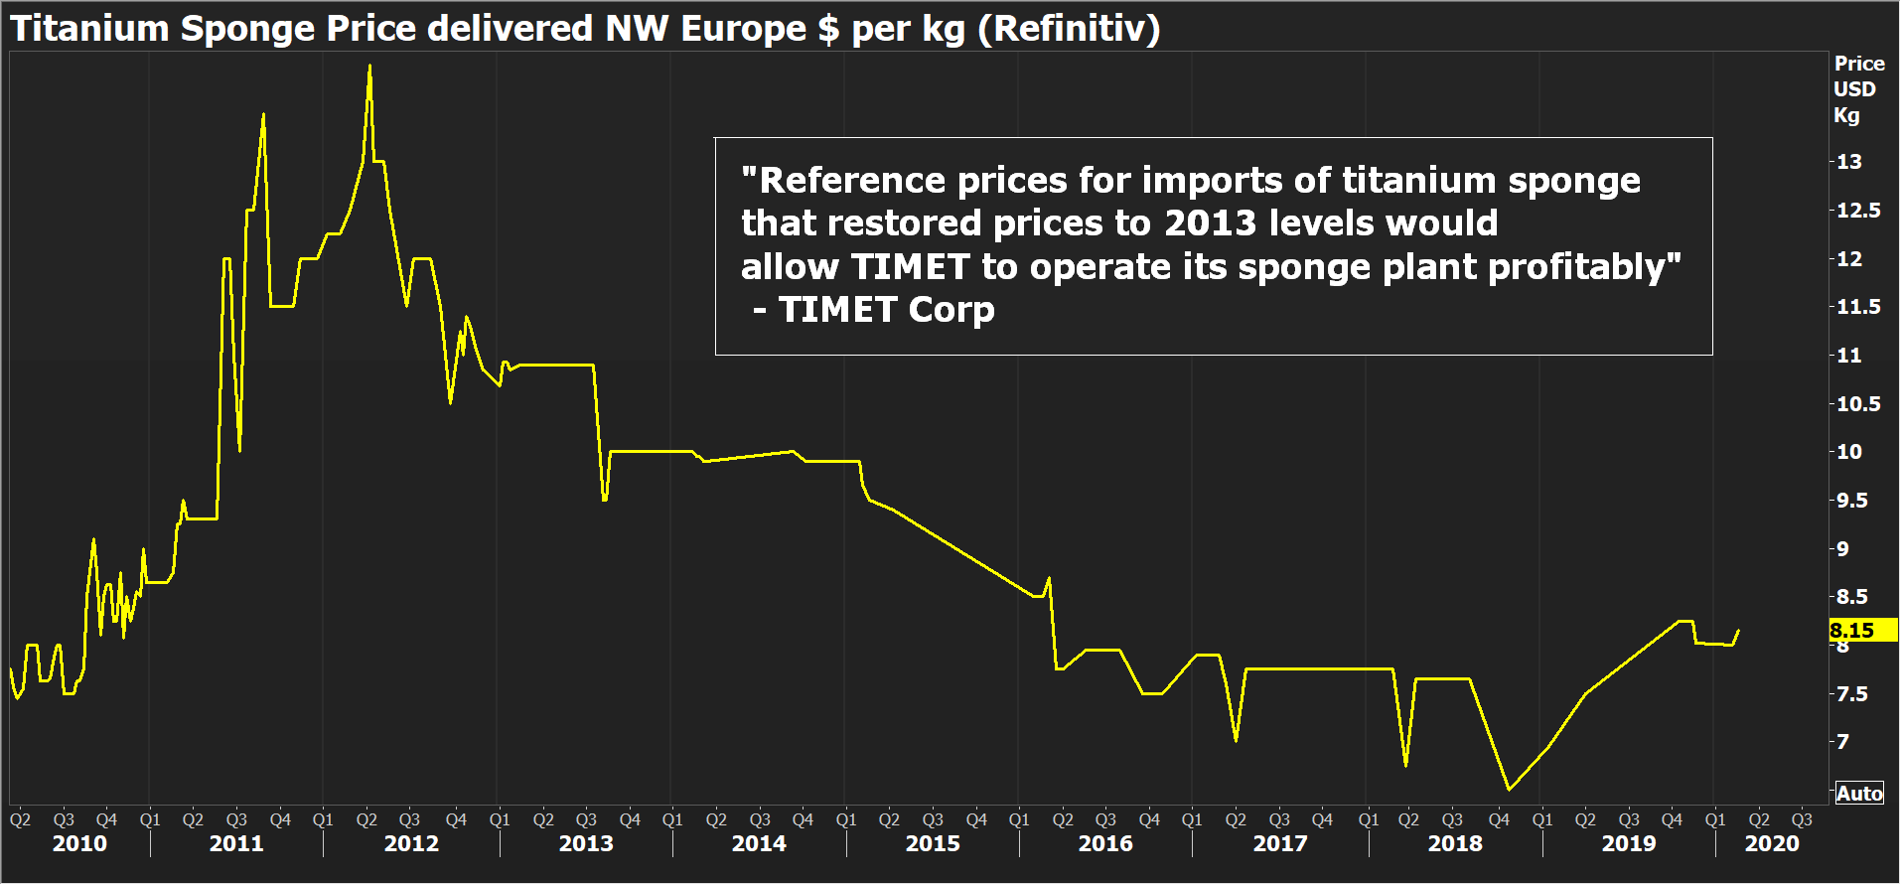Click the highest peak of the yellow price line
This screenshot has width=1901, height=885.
pos(369,67)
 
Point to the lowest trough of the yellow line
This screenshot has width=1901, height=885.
pos(1509,790)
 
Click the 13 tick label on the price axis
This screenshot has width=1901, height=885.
pos(1848,162)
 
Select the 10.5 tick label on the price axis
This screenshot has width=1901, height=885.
pos(1857,404)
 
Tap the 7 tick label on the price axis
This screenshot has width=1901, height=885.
pos(1842,742)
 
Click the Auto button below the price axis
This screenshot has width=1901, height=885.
pos(1859,794)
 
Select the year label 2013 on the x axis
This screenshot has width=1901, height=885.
pos(586,844)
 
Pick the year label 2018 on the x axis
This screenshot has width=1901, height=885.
pos(1455,844)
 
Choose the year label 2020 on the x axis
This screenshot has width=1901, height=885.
pos(1772,844)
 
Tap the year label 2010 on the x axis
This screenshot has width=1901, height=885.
pos(79,844)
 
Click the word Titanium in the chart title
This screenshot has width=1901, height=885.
pos(90,29)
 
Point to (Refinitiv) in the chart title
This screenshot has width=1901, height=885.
pos(1069,29)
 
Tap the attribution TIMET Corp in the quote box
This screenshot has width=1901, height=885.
pos(886,311)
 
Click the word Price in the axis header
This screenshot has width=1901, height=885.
pos(1859,64)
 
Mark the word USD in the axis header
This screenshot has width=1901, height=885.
pos(1854,89)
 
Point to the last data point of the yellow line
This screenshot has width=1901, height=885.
pos(1738,630)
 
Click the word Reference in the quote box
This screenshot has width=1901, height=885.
pos(851,181)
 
